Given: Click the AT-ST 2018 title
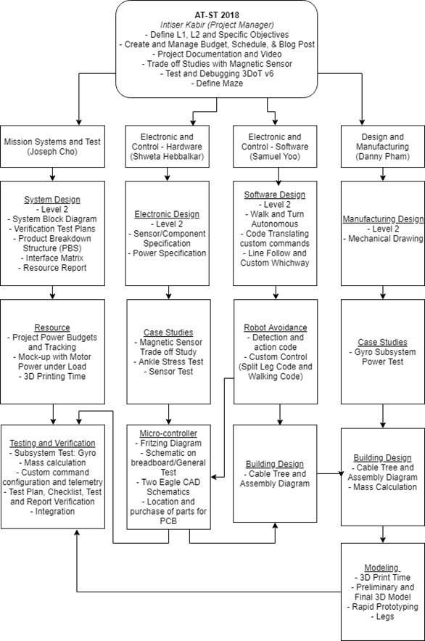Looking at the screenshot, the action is [217, 15].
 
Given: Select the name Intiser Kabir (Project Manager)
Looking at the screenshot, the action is [217, 25].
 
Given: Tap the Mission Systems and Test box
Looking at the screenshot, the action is [52, 147].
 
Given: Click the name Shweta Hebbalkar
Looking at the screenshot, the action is [167, 156].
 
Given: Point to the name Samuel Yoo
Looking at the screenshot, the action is [275, 156].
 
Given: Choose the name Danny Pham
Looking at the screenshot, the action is [382, 156].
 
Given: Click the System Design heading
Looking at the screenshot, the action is [52, 200].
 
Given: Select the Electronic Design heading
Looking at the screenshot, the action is [167, 214].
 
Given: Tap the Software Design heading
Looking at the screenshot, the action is [275, 195].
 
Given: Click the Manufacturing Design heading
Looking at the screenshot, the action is [383, 219].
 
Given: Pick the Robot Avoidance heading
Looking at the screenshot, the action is [275, 327].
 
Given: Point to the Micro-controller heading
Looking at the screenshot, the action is [168, 433].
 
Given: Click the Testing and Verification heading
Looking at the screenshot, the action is [52, 443].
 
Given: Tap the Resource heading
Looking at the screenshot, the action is [52, 327].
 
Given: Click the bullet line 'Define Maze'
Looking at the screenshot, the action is [217, 83].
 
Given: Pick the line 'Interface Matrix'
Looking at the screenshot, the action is [52, 258].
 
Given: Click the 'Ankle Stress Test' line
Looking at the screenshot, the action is [168, 362].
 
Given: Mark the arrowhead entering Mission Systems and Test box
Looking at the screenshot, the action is [79, 122].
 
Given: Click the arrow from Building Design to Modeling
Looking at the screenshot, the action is [382, 534].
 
